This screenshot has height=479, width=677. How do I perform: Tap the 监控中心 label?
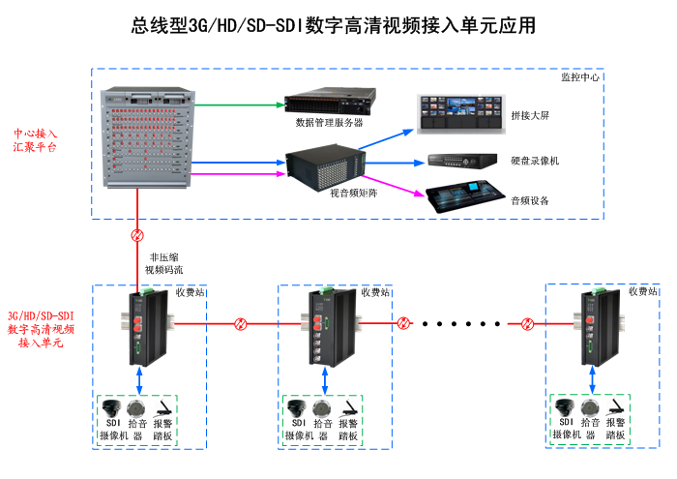coord(580,76)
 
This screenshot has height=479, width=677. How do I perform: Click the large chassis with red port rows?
coord(148,135)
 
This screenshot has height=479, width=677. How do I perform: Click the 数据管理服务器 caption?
coord(329,123)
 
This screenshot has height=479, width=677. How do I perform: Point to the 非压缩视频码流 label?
coord(163,263)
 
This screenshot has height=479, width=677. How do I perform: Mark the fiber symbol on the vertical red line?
coord(137,235)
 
